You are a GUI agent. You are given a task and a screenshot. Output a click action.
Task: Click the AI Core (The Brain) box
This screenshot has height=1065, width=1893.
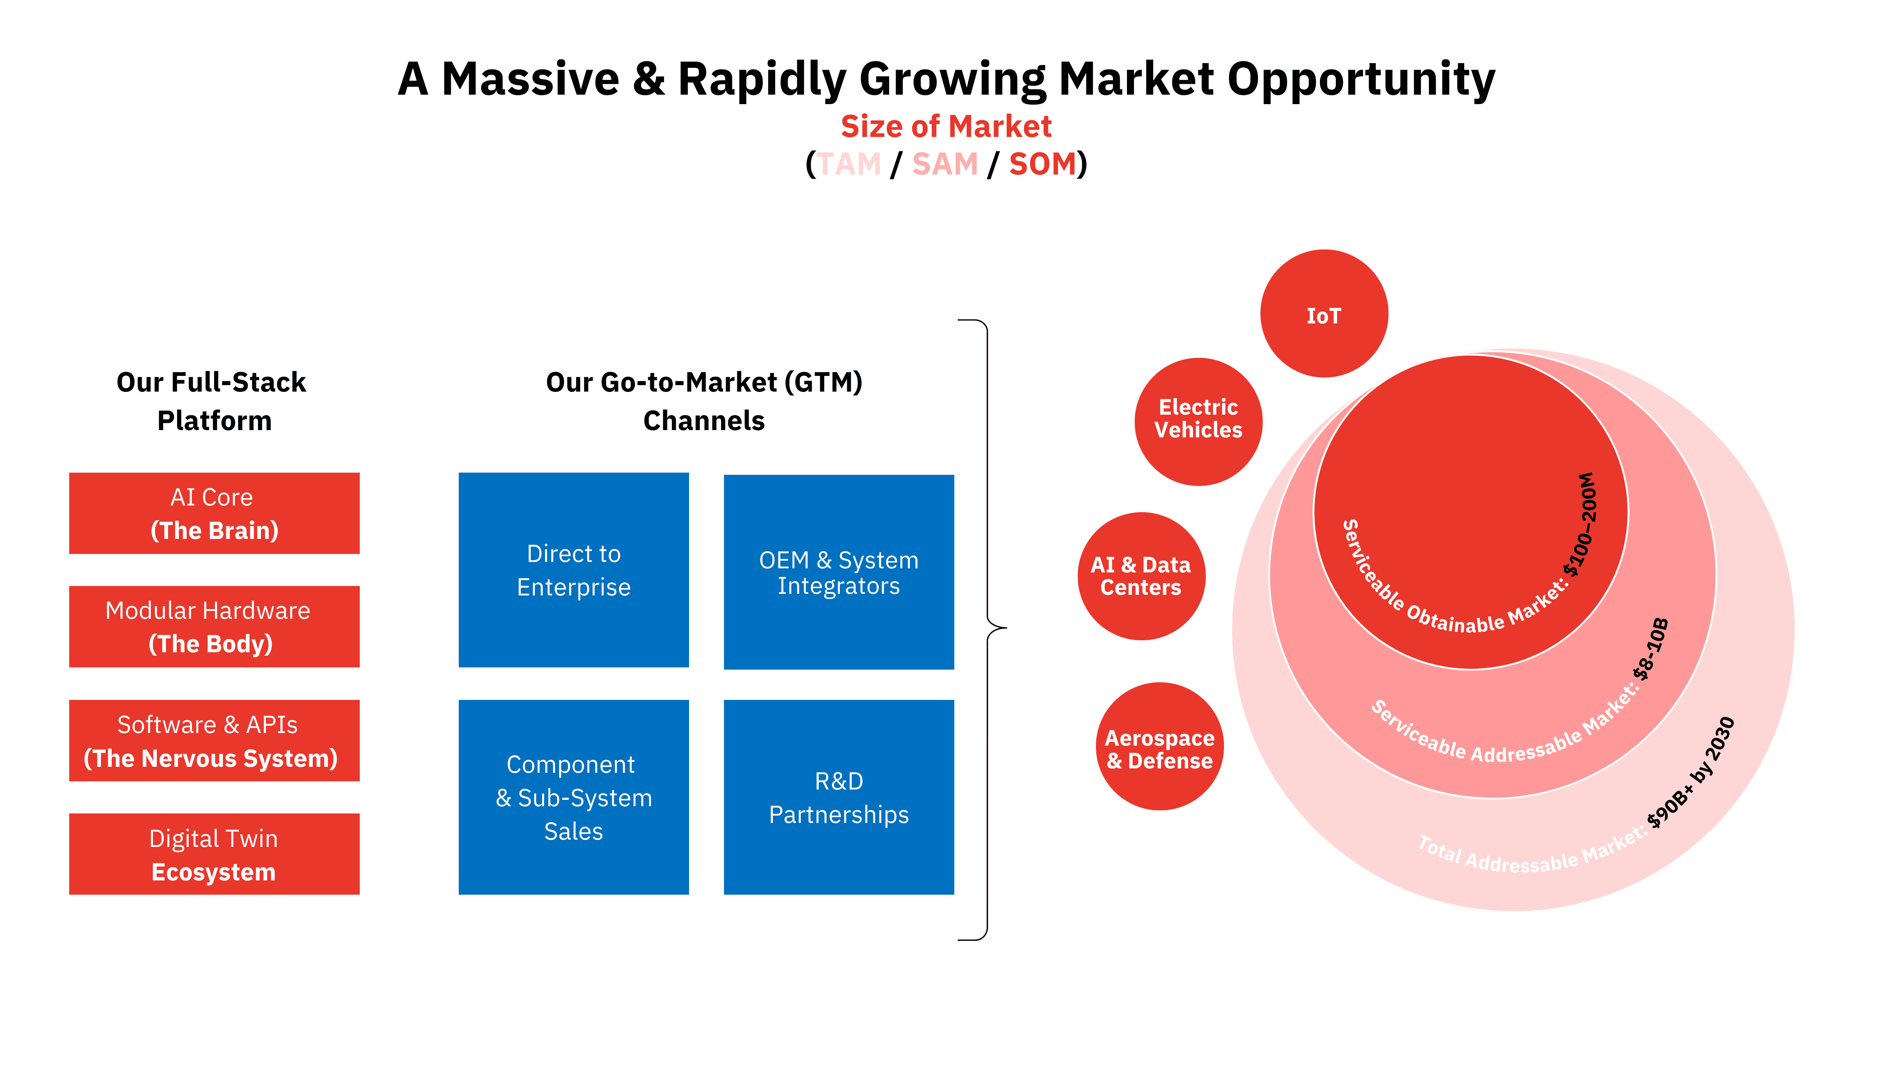(214, 513)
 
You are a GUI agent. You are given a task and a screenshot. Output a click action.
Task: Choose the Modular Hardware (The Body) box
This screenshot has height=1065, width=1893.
(214, 626)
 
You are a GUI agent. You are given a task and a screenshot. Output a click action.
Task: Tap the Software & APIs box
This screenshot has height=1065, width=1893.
(214, 740)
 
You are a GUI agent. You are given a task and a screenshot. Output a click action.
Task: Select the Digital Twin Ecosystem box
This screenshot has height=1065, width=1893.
(214, 854)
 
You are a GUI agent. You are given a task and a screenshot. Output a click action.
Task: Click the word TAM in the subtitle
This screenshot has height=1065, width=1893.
(849, 164)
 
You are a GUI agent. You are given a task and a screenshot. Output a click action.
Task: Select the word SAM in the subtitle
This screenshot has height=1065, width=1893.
(945, 164)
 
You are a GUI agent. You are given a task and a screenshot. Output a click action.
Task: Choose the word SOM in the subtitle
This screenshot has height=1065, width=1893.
(1042, 164)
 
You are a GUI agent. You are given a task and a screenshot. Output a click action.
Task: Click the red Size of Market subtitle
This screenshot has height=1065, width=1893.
(946, 127)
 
